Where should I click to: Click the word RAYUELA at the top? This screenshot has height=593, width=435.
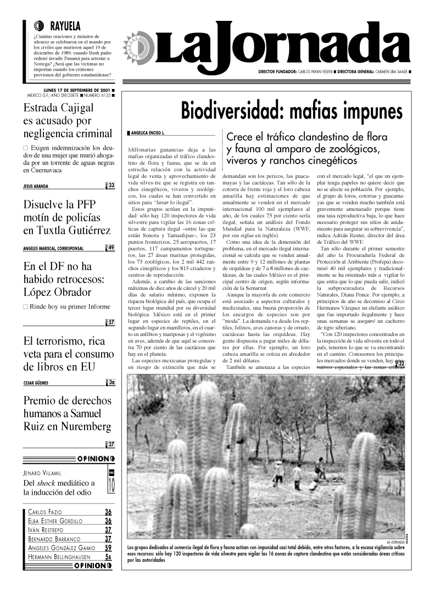coord(65,26)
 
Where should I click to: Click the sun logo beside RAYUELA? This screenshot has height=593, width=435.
coord(38,26)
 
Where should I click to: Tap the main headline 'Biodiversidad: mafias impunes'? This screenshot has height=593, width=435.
coord(292,111)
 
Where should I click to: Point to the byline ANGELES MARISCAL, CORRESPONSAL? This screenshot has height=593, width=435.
coord(53,248)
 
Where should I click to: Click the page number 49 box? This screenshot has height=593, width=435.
coord(111,248)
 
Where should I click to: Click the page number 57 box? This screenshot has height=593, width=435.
coord(111,322)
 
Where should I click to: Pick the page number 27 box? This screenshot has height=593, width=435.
coord(111,444)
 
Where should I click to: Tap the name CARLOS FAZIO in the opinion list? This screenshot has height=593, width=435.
coord(46,512)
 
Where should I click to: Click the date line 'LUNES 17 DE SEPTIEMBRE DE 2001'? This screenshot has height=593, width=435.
coord(76,89)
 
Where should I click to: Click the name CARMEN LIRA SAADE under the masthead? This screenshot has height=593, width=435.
coord(392,72)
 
